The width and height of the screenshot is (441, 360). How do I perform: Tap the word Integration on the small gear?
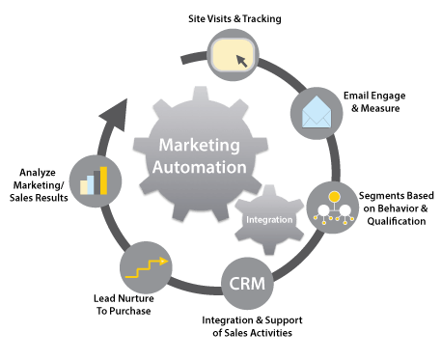tap(269, 220)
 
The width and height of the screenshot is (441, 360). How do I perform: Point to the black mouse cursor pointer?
tap(240, 60)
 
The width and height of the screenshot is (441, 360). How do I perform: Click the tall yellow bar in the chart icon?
tap(103, 180)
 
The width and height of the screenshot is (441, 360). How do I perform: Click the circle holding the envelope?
tap(317, 115)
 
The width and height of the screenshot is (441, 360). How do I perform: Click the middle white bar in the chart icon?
tap(95, 182)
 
